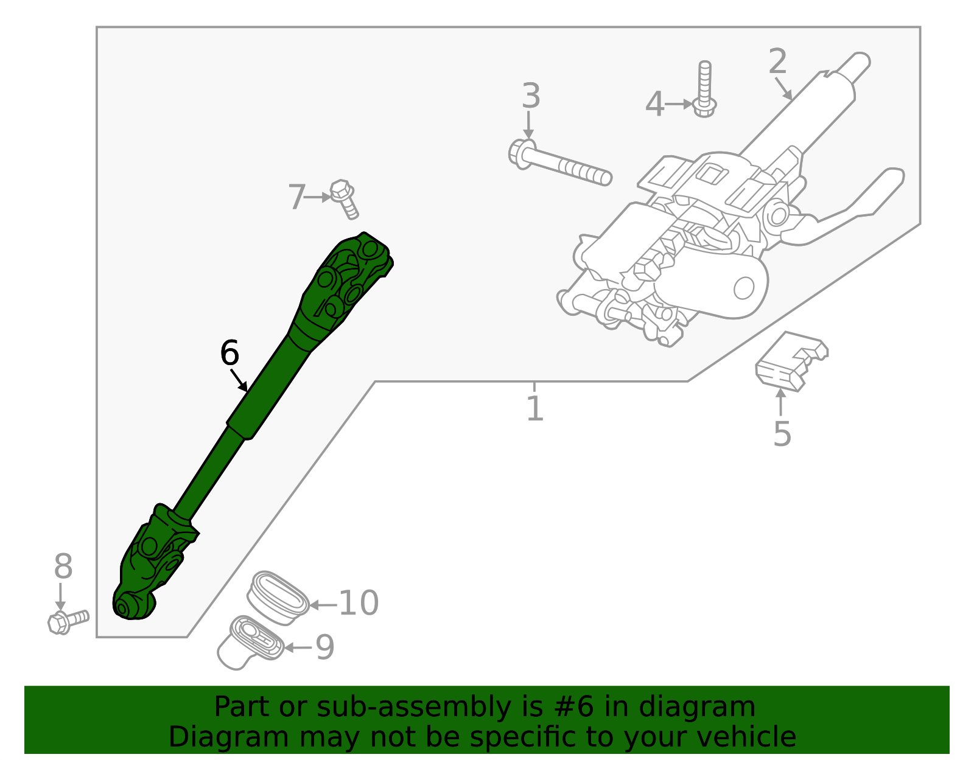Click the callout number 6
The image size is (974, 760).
pyautogui.click(x=229, y=353)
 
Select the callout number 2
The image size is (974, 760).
pyautogui.click(x=777, y=61)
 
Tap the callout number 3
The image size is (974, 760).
pyautogui.click(x=531, y=96)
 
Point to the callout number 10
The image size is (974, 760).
pyautogui.click(x=358, y=603)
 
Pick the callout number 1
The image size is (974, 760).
pyautogui.click(x=534, y=408)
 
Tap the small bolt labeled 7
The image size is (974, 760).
pyautogui.click(x=345, y=199)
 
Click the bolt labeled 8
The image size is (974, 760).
pyautogui.click(x=68, y=621)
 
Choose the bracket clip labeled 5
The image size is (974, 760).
pyautogui.click(x=790, y=362)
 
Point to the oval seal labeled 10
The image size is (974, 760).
pyautogui.click(x=279, y=597)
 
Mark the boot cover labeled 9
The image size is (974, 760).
pyautogui.click(x=250, y=644)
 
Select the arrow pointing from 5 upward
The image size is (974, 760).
pyautogui.click(x=780, y=402)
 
